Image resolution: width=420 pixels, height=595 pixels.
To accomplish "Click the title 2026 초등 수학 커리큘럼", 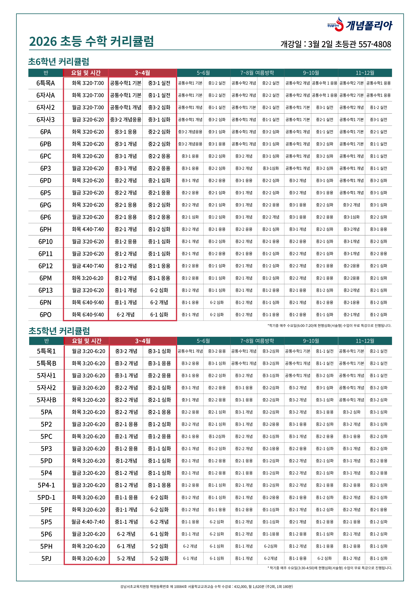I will coord(91,42).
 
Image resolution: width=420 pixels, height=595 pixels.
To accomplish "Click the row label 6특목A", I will coord(46,83).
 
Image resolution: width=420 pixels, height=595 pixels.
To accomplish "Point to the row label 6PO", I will coord(46,315).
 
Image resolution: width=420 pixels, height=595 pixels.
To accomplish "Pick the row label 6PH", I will coord(46,229).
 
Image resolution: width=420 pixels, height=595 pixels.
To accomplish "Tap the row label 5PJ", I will coord(46,558).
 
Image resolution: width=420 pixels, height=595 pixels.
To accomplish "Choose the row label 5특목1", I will coord(46,351).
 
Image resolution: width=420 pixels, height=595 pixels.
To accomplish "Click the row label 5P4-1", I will coord(46,485).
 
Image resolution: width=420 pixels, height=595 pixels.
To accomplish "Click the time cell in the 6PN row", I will coord(88,302).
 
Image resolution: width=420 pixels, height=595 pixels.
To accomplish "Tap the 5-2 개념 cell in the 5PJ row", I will coord(126,558).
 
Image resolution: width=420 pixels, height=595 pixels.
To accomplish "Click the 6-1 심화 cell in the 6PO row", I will coord(159,315).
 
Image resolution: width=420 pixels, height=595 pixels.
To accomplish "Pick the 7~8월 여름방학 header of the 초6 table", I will coord(257,73).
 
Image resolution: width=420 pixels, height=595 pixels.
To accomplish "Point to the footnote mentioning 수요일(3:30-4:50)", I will coord(330,568).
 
